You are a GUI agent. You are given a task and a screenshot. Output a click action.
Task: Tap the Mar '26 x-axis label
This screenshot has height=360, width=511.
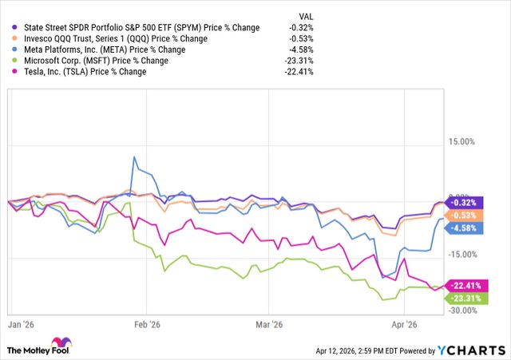point(269,324)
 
